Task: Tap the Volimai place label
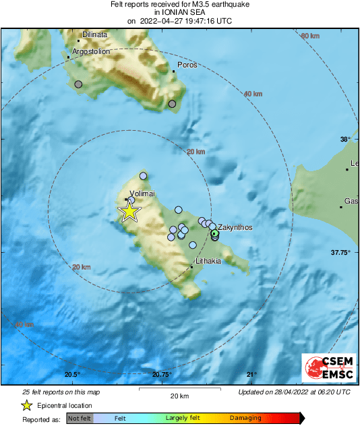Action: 142,193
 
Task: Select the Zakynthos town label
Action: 235,228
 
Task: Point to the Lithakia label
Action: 208,260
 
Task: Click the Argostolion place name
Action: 91,51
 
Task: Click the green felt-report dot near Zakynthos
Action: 214,234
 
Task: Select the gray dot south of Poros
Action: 172,104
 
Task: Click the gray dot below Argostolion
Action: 78,84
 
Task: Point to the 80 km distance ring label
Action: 309,36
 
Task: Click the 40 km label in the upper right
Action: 253,94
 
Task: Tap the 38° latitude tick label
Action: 345,140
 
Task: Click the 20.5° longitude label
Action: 72,375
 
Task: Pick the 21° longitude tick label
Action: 251,375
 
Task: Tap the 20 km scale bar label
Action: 179,395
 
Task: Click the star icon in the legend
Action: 26,405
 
